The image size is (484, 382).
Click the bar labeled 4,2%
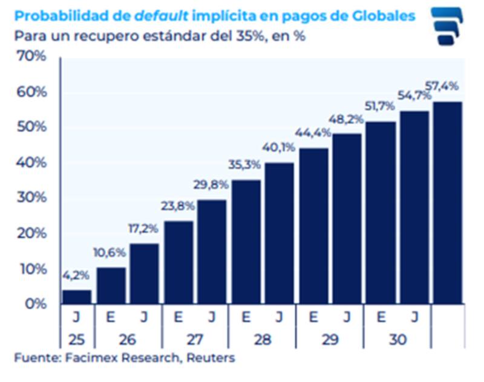[77, 297]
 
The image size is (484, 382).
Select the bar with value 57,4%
[448, 203]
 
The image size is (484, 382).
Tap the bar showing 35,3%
[246, 242]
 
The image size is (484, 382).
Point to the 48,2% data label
[347, 119]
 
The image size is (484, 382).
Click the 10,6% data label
[110, 252]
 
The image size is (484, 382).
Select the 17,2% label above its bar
[144, 229]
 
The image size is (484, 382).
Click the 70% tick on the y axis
[31, 58]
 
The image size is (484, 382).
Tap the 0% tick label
[35, 304]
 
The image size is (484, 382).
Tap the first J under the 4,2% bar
[77, 318]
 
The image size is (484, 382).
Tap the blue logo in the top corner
[448, 26]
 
